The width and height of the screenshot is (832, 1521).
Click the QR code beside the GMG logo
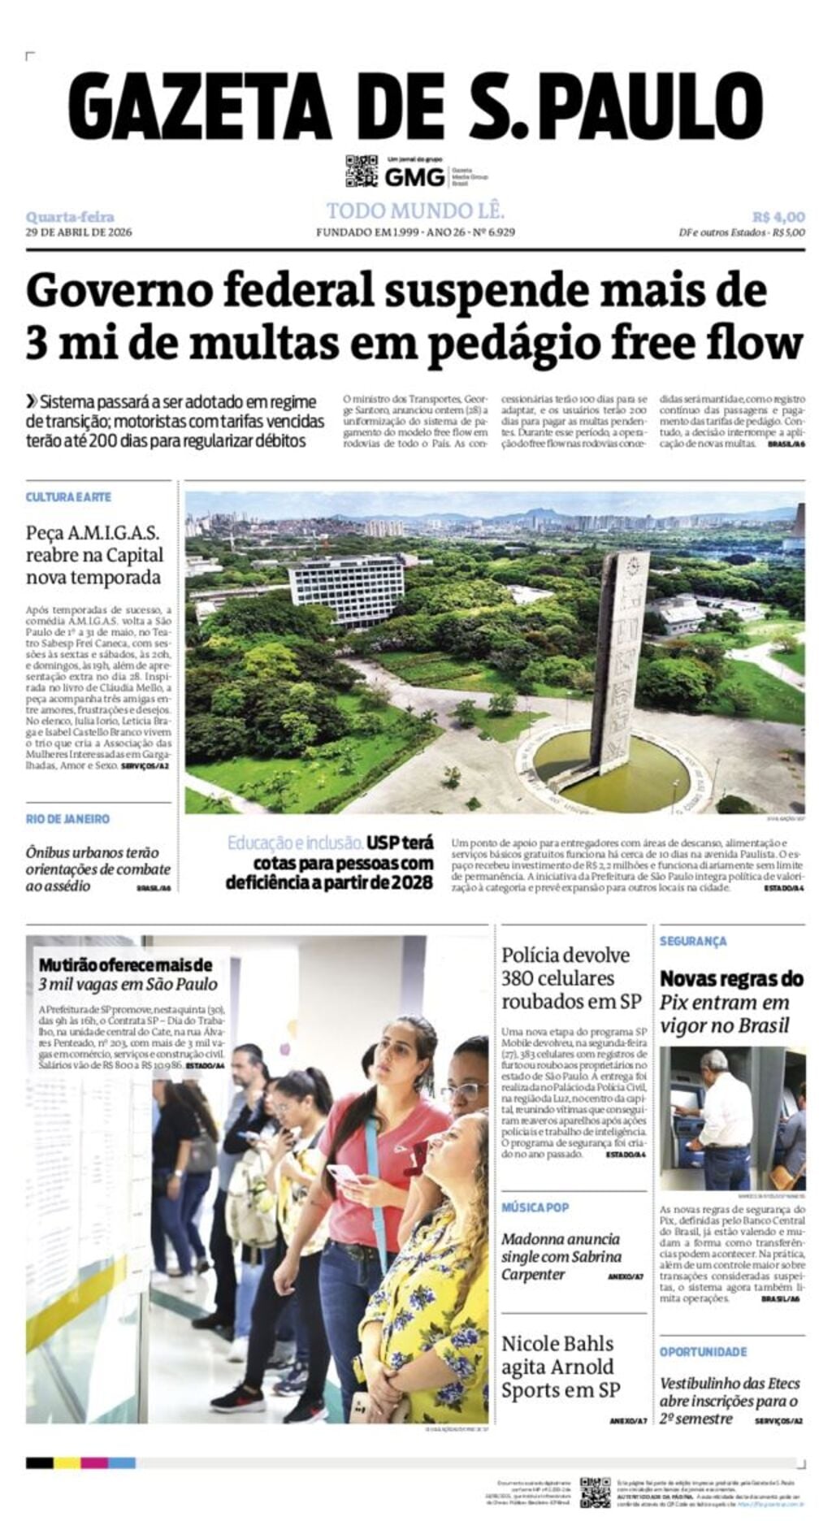(362, 171)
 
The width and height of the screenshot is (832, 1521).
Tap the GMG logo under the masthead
(414, 176)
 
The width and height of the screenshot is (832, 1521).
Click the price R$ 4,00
(778, 217)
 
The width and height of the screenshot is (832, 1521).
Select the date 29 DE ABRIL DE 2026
(79, 232)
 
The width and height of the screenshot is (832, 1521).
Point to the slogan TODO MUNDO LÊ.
(415, 211)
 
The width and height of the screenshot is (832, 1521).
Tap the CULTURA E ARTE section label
(68, 496)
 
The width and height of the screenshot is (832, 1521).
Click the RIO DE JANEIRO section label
(67, 819)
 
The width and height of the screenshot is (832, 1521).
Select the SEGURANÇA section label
(693, 941)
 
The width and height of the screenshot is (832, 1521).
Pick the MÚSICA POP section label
(535, 1207)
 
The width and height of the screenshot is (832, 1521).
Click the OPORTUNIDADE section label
(703, 1351)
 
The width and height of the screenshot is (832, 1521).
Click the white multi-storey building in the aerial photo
(346, 590)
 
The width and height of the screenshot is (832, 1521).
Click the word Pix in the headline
(672, 1003)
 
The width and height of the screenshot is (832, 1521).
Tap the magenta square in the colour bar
(94, 1462)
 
